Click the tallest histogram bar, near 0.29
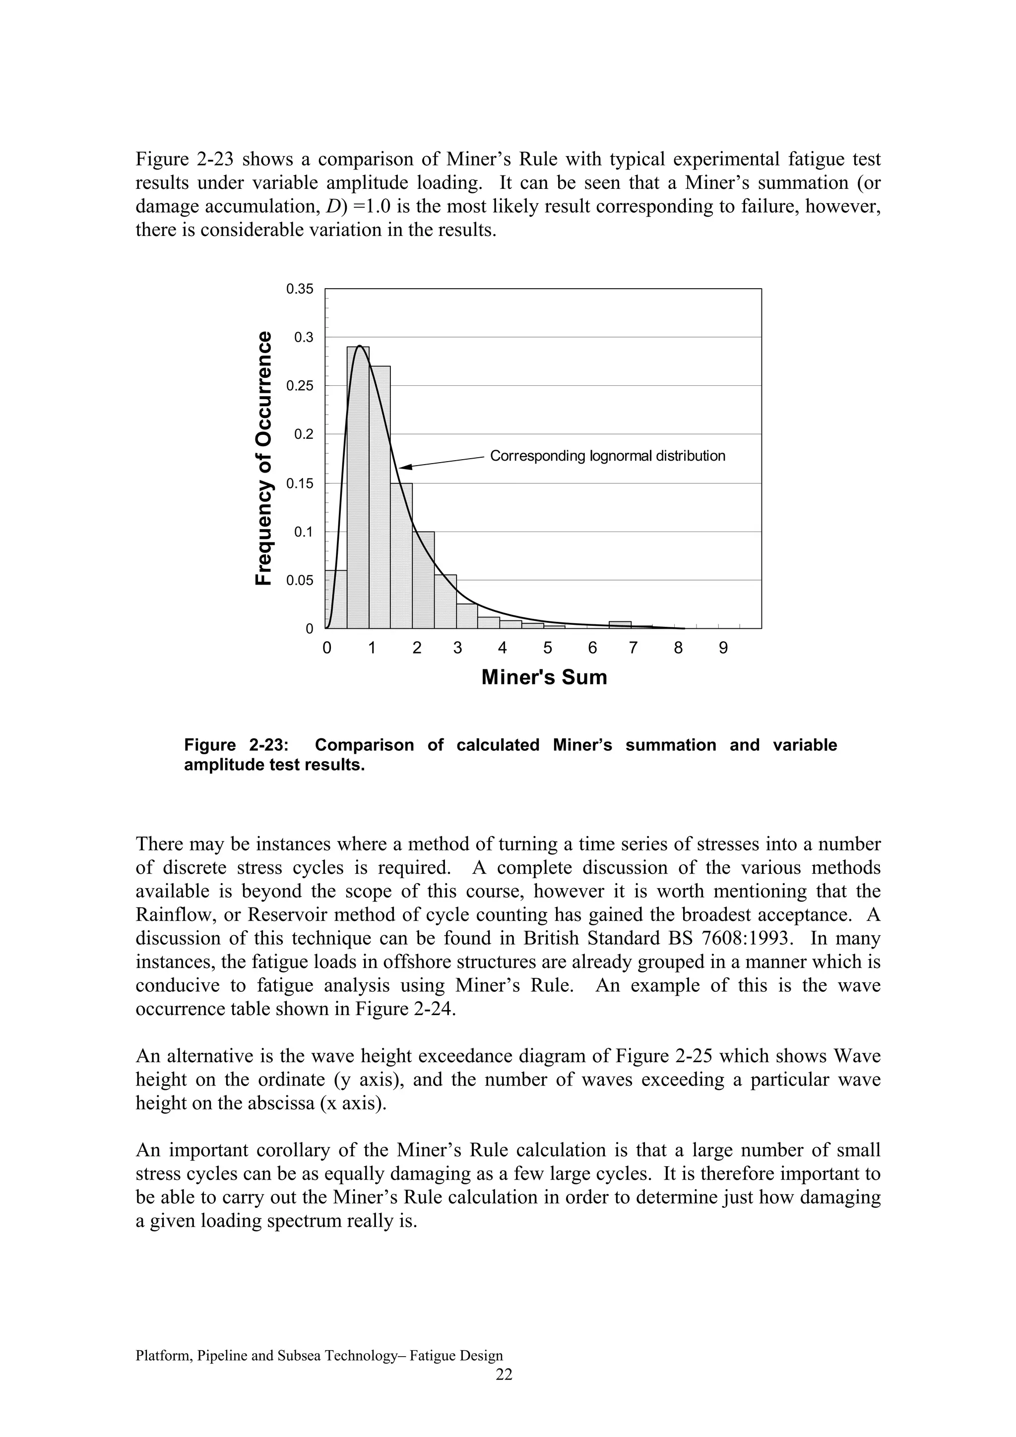coord(358,488)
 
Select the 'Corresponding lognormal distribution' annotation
coord(607,456)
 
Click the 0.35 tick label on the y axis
coord(299,289)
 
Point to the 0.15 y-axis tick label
coord(299,483)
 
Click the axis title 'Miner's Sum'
coord(544,677)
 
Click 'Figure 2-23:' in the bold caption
coord(237,745)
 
